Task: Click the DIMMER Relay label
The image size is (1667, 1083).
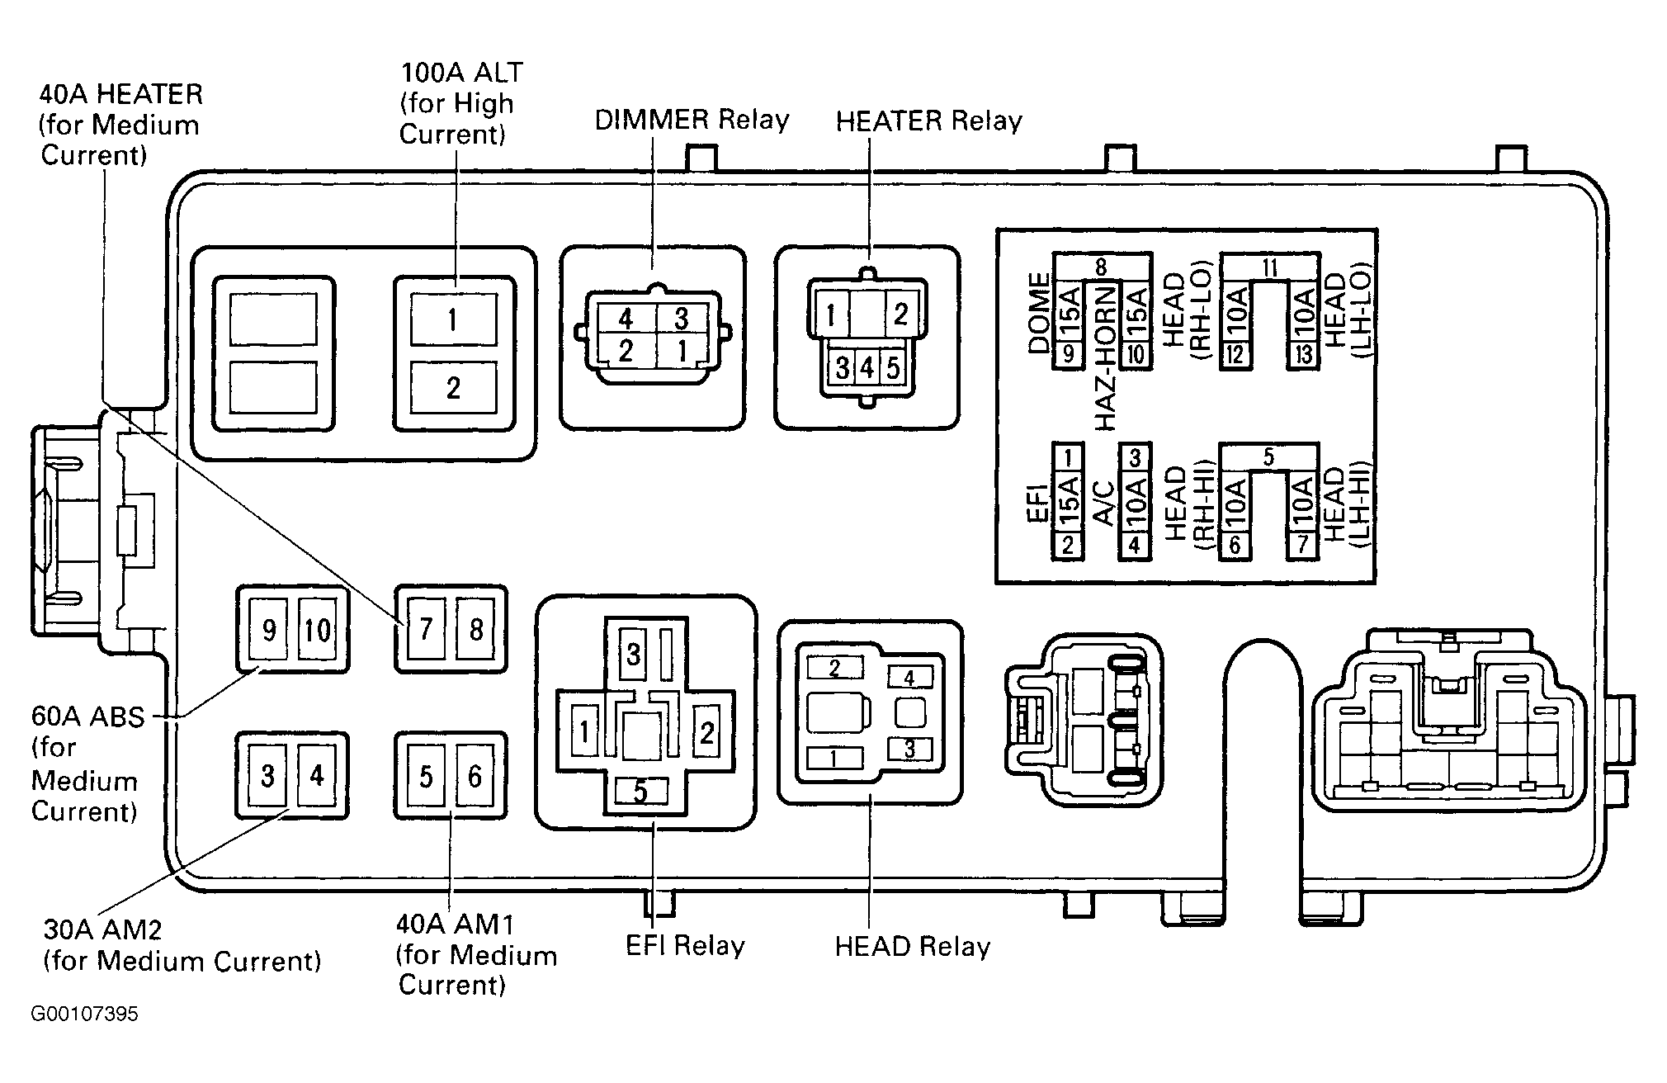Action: tap(692, 120)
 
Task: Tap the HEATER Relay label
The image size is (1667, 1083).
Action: tap(928, 121)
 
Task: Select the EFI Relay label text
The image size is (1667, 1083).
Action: tap(685, 945)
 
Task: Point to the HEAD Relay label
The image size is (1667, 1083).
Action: tap(912, 946)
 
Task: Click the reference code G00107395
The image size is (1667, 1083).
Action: tap(84, 1014)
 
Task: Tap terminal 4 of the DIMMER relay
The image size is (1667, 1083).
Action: tap(625, 319)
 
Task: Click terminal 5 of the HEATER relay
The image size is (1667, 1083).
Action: tap(892, 367)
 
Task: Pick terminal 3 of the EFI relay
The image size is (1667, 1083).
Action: tap(633, 655)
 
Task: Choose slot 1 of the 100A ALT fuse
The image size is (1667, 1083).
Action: tap(453, 319)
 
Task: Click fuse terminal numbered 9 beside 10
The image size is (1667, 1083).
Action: tap(269, 631)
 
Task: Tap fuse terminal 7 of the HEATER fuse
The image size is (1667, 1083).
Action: tap(426, 631)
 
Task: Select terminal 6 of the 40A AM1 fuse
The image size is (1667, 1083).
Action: tap(475, 777)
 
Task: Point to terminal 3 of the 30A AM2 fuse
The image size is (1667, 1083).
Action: tap(267, 777)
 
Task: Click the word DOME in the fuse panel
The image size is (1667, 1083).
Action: tap(1039, 314)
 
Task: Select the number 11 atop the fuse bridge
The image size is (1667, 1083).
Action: tap(1270, 267)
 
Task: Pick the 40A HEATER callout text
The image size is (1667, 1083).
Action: tap(120, 125)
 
